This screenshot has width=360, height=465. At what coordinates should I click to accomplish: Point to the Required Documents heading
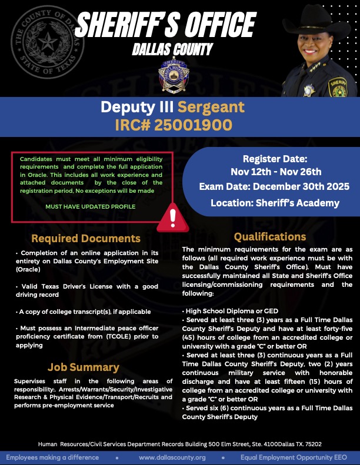tap(86, 238)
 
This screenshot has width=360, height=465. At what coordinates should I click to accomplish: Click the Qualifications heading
tap(270, 237)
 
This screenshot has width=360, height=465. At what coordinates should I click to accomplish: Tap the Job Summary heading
tap(84, 367)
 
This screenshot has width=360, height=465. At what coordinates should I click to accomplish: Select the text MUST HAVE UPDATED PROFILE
tap(91, 206)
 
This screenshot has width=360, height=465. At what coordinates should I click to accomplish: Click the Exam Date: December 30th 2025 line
tap(274, 186)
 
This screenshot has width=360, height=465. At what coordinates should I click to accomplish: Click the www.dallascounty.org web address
tap(172, 457)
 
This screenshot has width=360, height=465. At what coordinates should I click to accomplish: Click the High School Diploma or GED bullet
tap(222, 310)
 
